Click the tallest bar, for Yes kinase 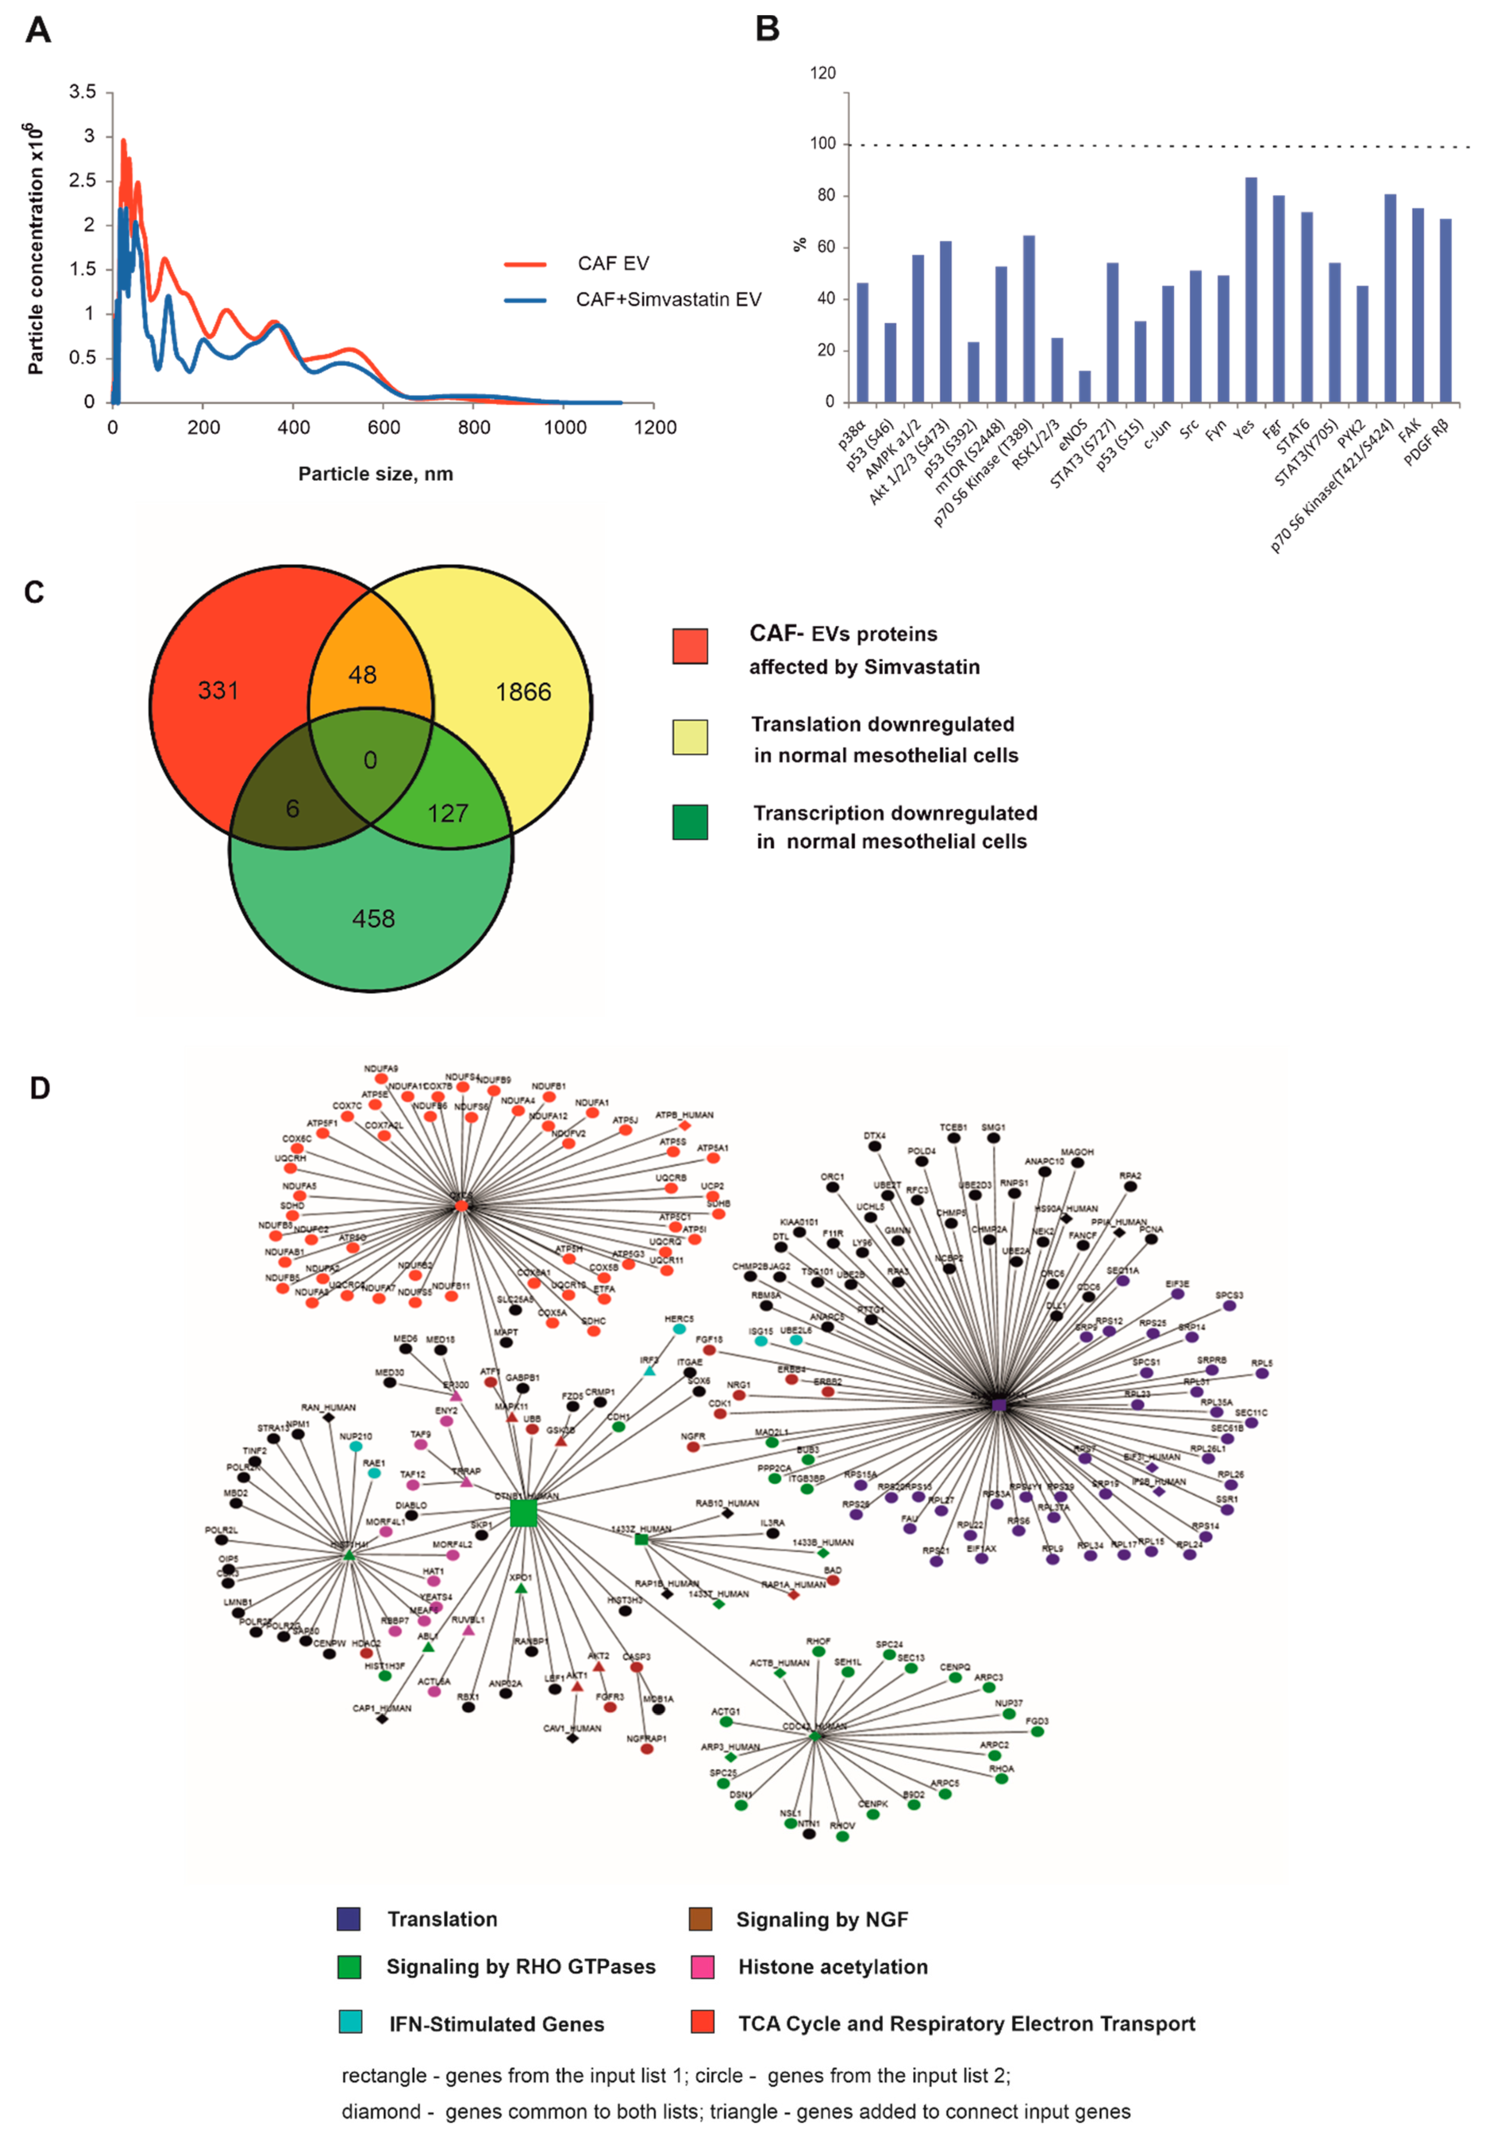pyautogui.click(x=1250, y=289)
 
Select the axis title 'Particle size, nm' pyautogui.click(x=375, y=474)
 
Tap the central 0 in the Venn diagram pyautogui.click(x=370, y=760)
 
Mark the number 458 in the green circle pyautogui.click(x=373, y=919)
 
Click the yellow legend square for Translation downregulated pyautogui.click(x=690, y=737)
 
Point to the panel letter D pyautogui.click(x=39, y=1088)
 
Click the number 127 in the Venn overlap pyautogui.click(x=448, y=813)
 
